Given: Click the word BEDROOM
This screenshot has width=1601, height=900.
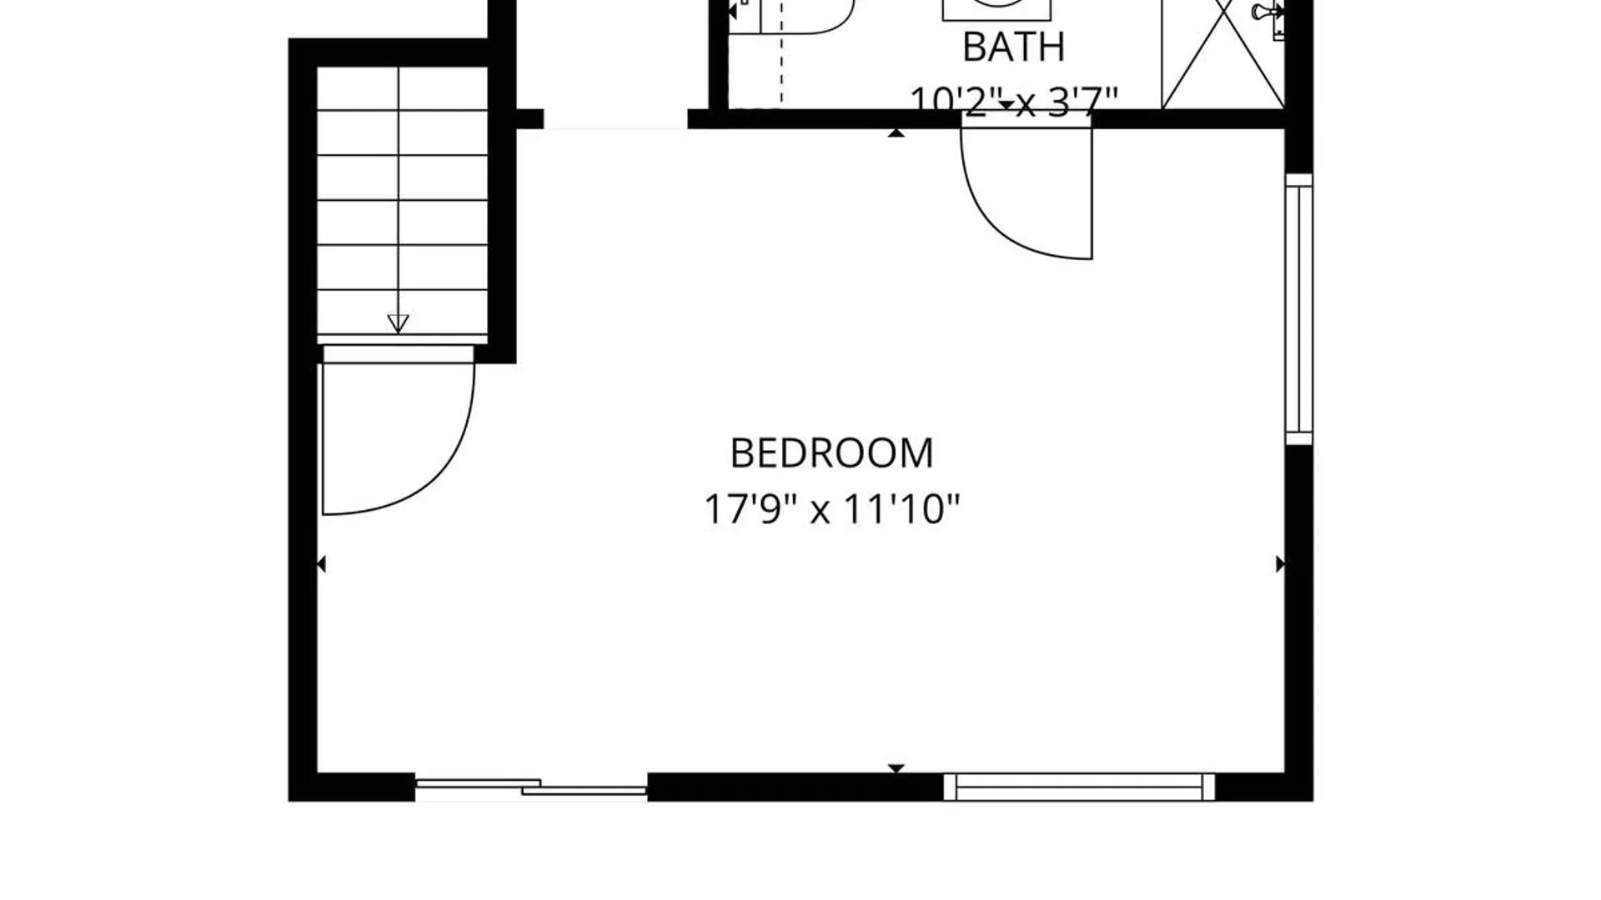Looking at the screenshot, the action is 831,453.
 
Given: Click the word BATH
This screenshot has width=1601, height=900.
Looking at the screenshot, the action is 1014,47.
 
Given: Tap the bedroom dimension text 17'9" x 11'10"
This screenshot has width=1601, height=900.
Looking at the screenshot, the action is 832,508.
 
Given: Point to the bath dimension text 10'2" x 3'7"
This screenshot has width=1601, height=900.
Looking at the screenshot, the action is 1014,102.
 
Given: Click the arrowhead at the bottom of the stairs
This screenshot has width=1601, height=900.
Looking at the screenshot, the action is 398,323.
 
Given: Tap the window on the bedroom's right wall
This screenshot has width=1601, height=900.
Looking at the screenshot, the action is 1298,309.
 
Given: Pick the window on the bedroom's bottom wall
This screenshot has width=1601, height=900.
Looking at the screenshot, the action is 1079,787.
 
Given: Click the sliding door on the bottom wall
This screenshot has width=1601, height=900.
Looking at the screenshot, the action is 531,787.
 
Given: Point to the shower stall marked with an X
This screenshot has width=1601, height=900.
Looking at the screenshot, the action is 1223,54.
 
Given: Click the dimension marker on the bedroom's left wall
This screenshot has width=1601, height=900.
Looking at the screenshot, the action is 321,565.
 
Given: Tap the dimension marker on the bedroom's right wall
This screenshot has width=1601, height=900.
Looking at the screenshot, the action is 1281,565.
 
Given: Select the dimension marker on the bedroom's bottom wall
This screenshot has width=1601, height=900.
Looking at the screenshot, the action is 896,768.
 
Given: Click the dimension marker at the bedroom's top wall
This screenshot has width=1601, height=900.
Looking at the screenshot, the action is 896,132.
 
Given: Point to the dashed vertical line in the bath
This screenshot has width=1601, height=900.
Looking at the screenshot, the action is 781,53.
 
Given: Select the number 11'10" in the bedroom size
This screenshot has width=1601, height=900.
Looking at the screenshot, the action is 902,508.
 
